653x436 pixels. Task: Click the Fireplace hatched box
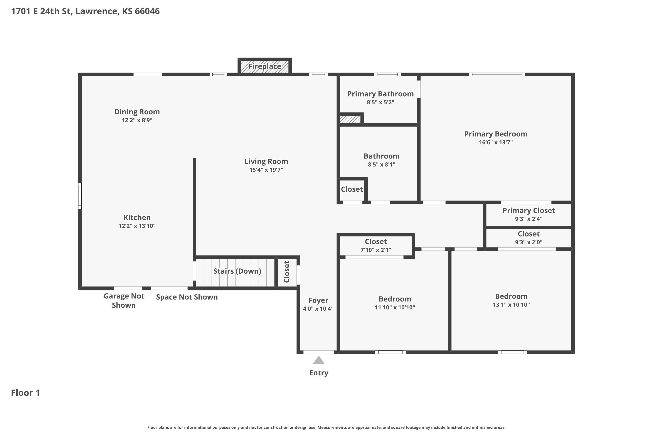pos(265,67)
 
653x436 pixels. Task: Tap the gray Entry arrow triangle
pos(319,360)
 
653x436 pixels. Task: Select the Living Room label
pos(266,161)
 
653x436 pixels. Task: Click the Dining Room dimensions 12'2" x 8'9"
pos(137,120)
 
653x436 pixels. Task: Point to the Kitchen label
pos(137,217)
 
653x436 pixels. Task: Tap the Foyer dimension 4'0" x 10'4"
pos(318,308)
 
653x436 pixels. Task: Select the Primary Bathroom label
pos(380,94)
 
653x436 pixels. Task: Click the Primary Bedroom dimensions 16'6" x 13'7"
pos(496,142)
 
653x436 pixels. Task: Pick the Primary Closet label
pos(529,211)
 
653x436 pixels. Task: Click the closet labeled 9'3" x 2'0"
pos(529,238)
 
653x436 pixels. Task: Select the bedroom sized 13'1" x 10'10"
pos(511,300)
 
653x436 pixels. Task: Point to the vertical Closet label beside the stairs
pos(287,272)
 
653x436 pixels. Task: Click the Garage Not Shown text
pos(124,301)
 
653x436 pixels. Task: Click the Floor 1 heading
pos(25,393)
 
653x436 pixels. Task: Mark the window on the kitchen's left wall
pos(80,196)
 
